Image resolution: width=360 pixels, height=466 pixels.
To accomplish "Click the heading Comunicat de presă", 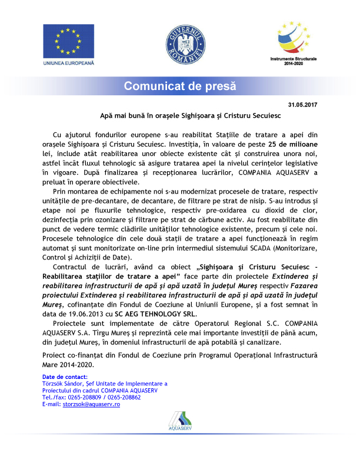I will click(179, 86).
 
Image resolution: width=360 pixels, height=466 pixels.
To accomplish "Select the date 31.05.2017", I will click(302, 105).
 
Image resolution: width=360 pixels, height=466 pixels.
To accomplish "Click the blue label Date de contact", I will click(65, 376).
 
